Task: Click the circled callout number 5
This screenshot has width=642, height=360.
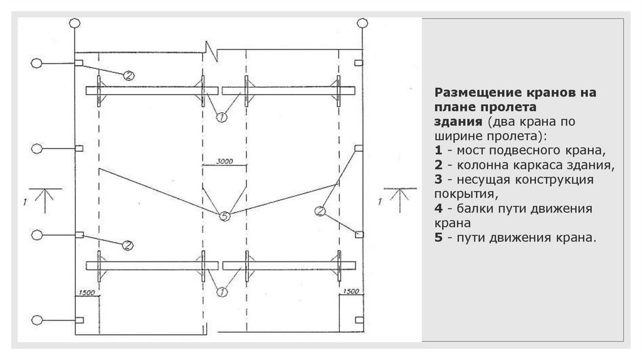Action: (x=225, y=216)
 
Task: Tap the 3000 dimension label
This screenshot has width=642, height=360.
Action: (x=224, y=161)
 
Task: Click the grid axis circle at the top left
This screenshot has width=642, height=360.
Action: (x=75, y=23)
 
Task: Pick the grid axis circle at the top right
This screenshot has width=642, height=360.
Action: (x=362, y=23)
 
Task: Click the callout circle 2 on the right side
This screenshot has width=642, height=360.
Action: (x=320, y=211)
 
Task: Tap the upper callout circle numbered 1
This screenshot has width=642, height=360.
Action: (x=221, y=117)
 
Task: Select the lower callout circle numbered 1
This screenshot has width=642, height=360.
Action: (x=221, y=291)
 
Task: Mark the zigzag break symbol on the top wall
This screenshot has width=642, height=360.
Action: (x=211, y=50)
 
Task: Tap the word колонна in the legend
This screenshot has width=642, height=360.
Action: (x=483, y=166)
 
